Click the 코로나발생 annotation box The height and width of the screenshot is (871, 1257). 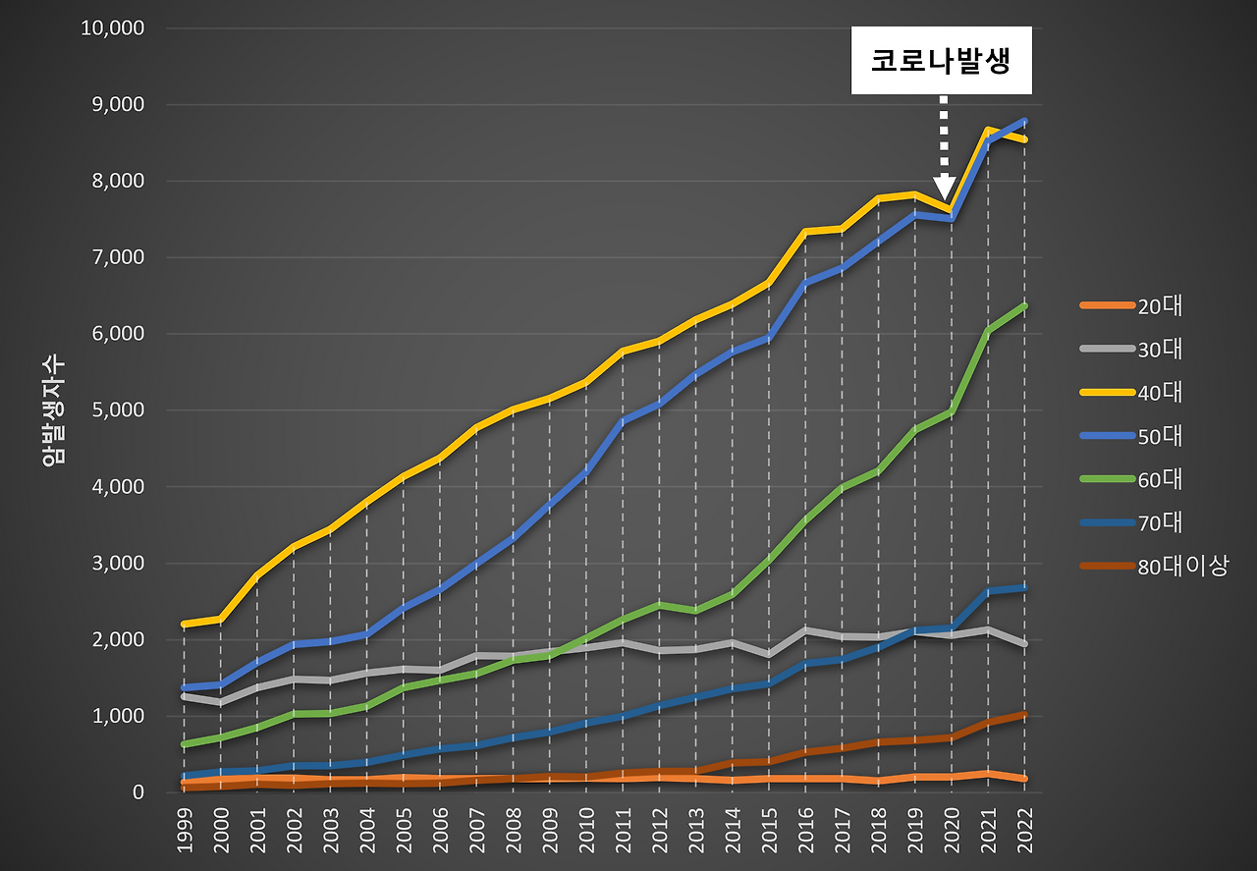pyautogui.click(x=941, y=61)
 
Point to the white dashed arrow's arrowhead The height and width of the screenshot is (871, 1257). pyautogui.click(x=944, y=187)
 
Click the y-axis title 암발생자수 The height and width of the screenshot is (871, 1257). pyautogui.click(x=54, y=410)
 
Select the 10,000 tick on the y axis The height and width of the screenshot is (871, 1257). pyautogui.click(x=112, y=27)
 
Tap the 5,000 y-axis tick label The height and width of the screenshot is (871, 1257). pyautogui.click(x=118, y=410)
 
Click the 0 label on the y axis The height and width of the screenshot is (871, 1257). pyautogui.click(x=137, y=792)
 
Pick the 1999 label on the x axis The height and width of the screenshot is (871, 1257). pyautogui.click(x=184, y=830)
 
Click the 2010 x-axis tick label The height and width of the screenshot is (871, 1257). pyautogui.click(x=585, y=830)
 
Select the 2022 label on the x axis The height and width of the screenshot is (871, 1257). pyautogui.click(x=1023, y=830)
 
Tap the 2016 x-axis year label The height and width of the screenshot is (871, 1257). pyautogui.click(x=804, y=830)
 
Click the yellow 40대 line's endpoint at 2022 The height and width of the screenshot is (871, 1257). pyautogui.click(x=1024, y=139)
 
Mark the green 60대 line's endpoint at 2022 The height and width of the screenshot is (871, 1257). pyautogui.click(x=1024, y=305)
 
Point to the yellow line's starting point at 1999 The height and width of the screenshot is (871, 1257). pyautogui.click(x=184, y=624)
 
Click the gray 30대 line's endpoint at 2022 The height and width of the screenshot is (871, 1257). pyautogui.click(x=1024, y=644)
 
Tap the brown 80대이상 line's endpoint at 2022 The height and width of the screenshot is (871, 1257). pyautogui.click(x=1024, y=714)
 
